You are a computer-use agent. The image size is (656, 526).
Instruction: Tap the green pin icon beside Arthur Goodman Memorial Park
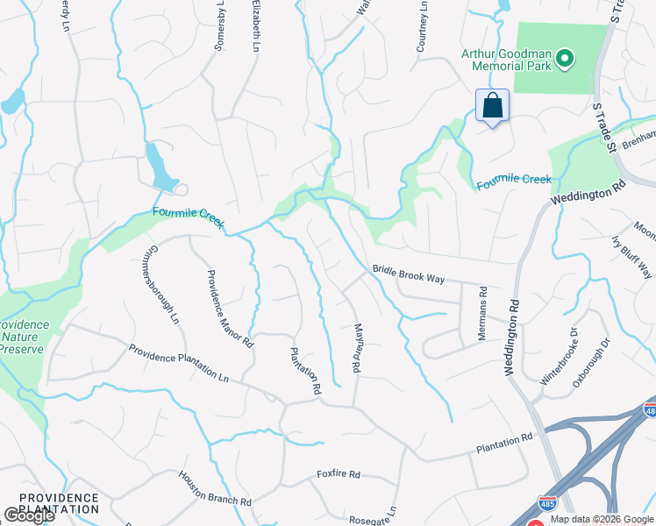pyautogui.click(x=566, y=60)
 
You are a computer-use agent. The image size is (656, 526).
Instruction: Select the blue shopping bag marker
pyautogui.click(x=493, y=105)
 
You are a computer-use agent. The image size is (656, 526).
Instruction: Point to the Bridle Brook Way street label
pyautogui.click(x=409, y=275)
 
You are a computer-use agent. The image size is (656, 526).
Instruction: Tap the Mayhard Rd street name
pyautogui.click(x=358, y=349)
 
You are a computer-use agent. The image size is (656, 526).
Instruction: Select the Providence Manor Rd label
pyautogui.click(x=230, y=309)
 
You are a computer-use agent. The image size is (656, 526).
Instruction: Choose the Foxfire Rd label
pyautogui.click(x=339, y=475)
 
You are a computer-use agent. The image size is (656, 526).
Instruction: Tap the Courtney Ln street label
pyautogui.click(x=423, y=25)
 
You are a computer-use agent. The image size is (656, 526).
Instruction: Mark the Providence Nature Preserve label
pyautogui.click(x=25, y=336)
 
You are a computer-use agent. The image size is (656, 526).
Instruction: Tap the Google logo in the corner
pyautogui.click(x=28, y=516)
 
